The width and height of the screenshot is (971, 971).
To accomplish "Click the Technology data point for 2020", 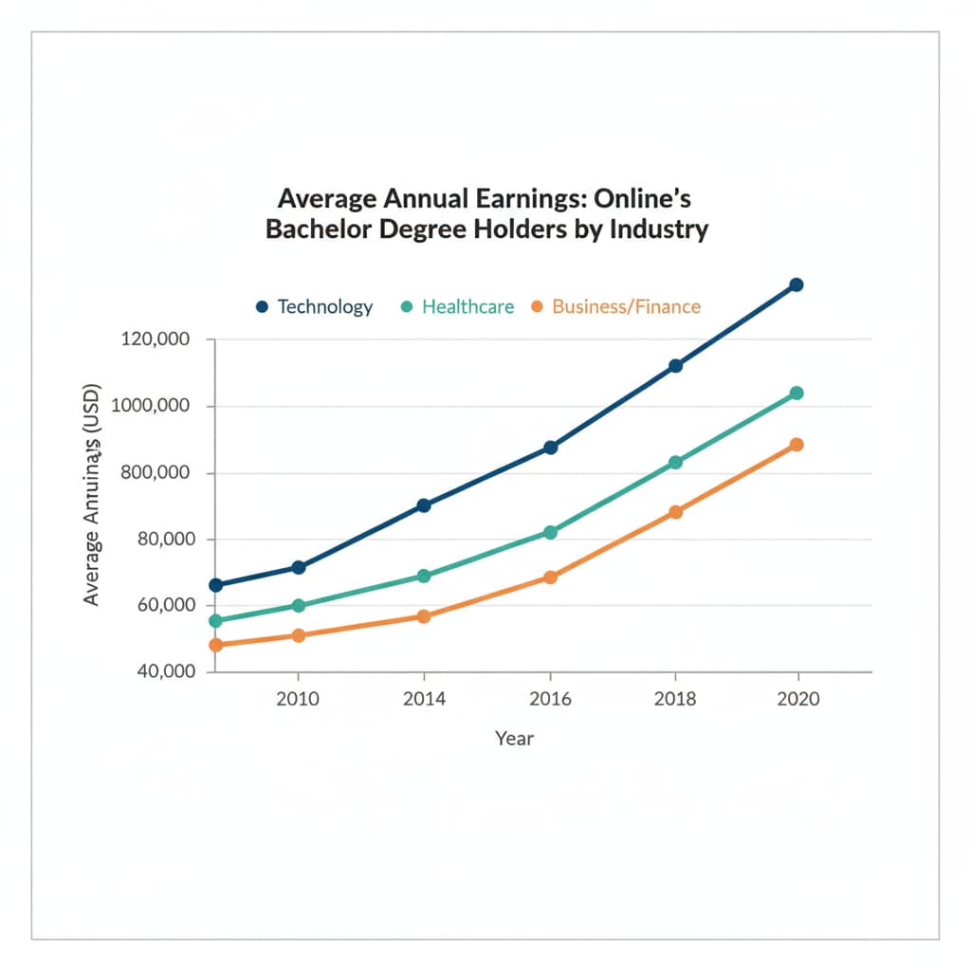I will (x=797, y=284).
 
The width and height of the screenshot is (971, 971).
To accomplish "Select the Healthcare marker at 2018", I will (x=676, y=463).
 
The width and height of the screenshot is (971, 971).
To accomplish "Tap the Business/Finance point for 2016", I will (x=550, y=577).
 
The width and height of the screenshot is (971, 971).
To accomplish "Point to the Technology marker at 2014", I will (x=424, y=505).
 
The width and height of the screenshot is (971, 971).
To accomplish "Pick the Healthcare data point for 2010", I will (x=299, y=605).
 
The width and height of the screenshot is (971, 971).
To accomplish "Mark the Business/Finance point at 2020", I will (x=797, y=445).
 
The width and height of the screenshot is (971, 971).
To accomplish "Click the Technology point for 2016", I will (x=550, y=448).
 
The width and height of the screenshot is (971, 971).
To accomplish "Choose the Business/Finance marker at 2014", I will (x=424, y=616).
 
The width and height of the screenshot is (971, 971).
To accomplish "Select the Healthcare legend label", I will (x=467, y=307).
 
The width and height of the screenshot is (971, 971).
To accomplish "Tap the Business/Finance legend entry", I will (x=626, y=307).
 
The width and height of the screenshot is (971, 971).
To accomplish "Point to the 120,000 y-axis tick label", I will (x=156, y=339).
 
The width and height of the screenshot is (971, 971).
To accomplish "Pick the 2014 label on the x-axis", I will (x=424, y=700).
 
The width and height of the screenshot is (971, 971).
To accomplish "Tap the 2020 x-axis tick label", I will (x=797, y=700).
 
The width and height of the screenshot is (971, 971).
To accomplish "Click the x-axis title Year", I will (x=515, y=738).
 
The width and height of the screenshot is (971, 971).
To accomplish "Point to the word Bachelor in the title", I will (x=317, y=230).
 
